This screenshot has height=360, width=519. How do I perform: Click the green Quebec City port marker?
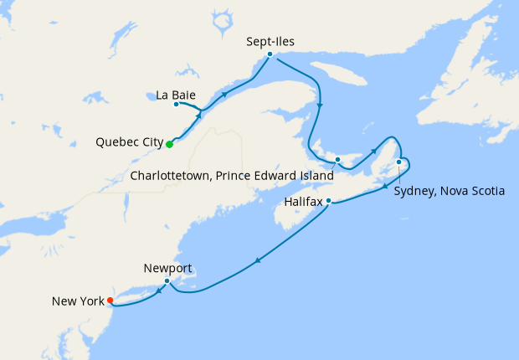(x=169, y=144)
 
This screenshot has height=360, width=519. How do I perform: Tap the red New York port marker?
(x=110, y=303)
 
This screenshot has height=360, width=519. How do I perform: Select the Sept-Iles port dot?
(x=270, y=54)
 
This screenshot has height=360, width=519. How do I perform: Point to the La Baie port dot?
(x=176, y=105)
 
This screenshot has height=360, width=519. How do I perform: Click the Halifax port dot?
(x=329, y=201)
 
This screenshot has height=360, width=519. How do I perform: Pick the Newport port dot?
(x=167, y=281)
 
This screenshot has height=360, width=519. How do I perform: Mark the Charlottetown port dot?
(x=337, y=159)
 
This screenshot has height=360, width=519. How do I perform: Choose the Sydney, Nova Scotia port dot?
(x=399, y=162)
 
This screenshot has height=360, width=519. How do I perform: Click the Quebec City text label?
(x=130, y=142)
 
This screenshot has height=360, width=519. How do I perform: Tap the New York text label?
(x=77, y=301)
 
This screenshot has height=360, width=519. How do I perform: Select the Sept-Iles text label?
(x=271, y=40)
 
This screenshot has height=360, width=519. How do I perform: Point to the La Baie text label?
(x=176, y=94)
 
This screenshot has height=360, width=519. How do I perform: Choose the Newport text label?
(x=167, y=268)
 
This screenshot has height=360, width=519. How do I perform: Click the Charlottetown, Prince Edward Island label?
(x=231, y=176)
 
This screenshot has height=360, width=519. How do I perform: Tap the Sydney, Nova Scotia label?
(x=450, y=191)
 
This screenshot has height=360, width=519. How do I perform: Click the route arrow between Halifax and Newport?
(x=257, y=262)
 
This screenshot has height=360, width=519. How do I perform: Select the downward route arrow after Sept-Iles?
(x=321, y=105)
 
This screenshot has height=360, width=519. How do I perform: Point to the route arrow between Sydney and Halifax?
(x=385, y=185)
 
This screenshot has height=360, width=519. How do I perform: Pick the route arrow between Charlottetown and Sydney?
(x=376, y=149)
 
